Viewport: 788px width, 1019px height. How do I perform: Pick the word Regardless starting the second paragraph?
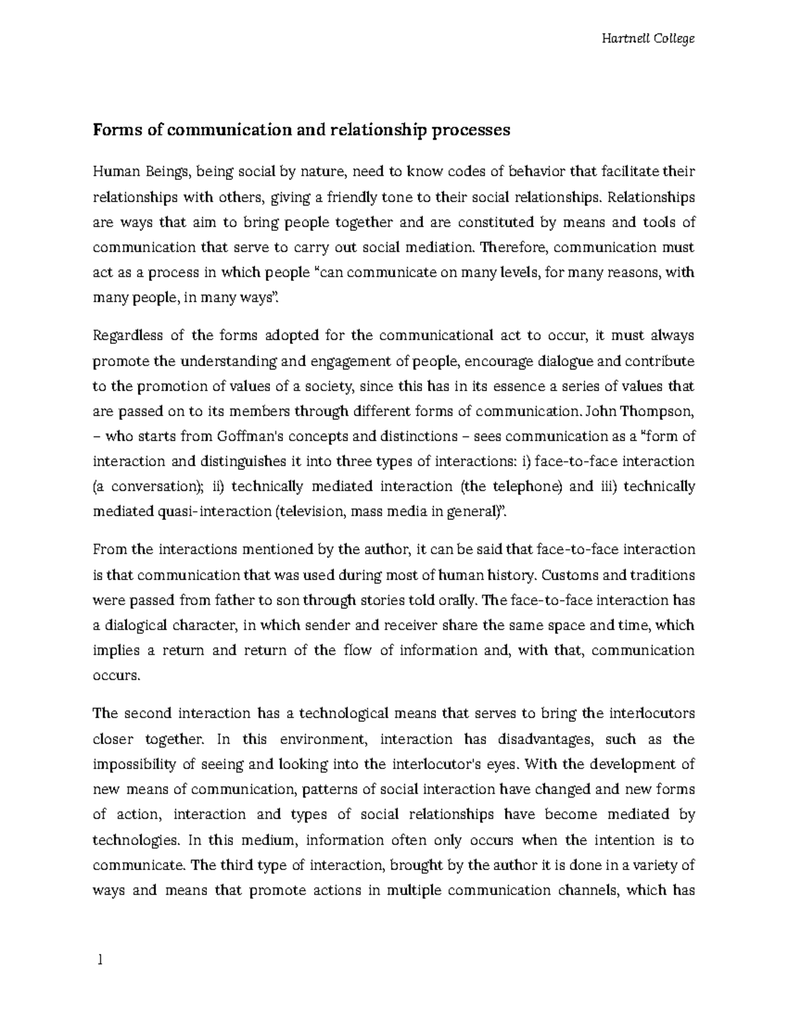(x=128, y=336)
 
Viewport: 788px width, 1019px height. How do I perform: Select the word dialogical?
(x=133, y=625)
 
